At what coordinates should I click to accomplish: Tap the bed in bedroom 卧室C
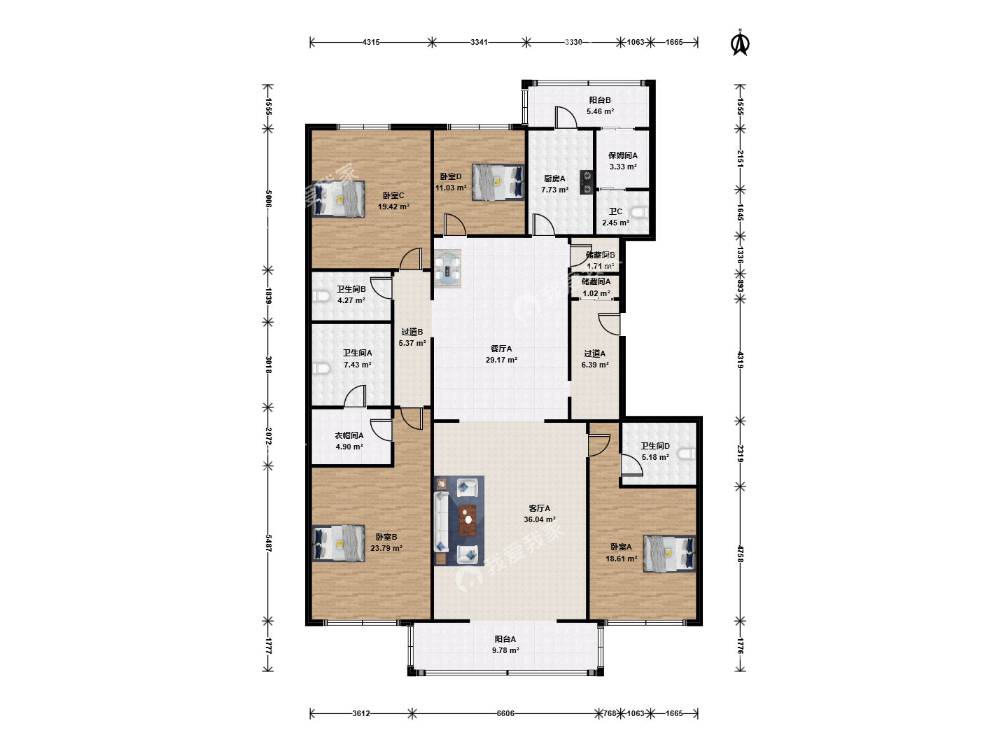click(338, 199)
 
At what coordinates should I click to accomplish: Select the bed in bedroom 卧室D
click(498, 182)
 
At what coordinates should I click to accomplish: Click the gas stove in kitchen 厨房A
click(587, 183)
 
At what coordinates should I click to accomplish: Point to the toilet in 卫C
click(640, 213)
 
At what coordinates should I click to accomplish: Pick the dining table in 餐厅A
click(447, 269)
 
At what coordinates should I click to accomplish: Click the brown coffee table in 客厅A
click(468, 520)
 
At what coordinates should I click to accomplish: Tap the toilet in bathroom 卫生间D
click(687, 454)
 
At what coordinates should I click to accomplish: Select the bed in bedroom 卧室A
click(669, 554)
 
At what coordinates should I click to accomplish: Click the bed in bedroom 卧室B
click(338, 543)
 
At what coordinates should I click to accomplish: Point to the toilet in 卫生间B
click(321, 297)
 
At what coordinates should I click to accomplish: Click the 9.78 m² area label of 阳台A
click(505, 650)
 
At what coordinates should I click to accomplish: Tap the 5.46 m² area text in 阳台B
click(600, 111)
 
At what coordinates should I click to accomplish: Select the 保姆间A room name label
click(623, 155)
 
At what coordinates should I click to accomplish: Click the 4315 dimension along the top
click(371, 42)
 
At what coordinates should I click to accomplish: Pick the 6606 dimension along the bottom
click(505, 713)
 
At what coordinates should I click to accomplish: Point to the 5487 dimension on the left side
click(268, 543)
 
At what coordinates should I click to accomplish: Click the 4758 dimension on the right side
click(740, 554)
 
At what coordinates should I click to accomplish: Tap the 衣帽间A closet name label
click(349, 435)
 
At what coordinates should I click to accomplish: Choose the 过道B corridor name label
click(412, 331)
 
